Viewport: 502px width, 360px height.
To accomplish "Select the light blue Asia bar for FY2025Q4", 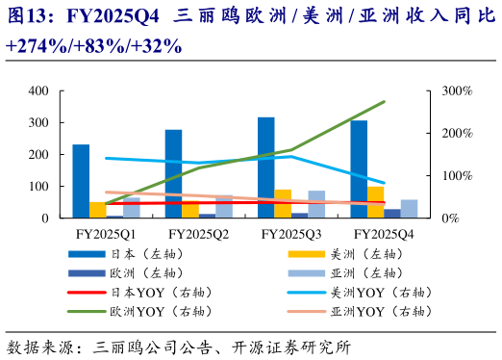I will click(409, 209).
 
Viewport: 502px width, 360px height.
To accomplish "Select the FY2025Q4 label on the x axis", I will click(383, 234).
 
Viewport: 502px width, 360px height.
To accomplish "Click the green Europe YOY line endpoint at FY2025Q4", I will click(384, 101).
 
